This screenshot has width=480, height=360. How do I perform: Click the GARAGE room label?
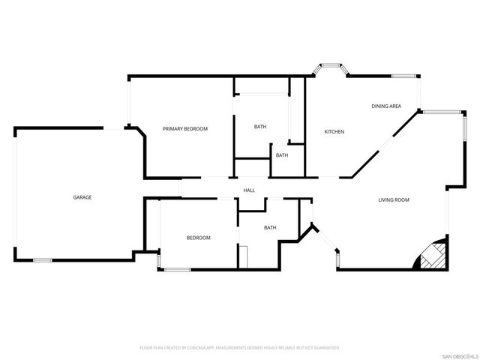(x=82, y=197)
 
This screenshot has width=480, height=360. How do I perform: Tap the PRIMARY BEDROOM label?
(x=185, y=129)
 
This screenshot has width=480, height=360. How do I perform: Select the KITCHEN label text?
(x=334, y=132)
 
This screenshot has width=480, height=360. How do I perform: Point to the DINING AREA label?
(x=386, y=106)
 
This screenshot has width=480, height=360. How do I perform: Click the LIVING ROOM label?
(x=393, y=199)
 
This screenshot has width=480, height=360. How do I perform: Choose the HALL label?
(x=249, y=190)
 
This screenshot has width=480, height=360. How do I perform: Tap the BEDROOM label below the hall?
(x=198, y=238)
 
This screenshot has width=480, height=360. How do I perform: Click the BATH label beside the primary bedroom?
(x=259, y=127)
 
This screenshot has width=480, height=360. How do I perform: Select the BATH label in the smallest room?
(x=282, y=155)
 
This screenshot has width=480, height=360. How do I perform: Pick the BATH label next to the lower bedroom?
(x=270, y=227)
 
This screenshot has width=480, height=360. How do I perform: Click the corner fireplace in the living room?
(x=433, y=255)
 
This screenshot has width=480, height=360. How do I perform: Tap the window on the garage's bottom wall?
(x=43, y=260)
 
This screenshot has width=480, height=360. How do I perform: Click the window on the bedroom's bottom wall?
(x=178, y=269)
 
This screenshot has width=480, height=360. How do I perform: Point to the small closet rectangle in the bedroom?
(x=243, y=256)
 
